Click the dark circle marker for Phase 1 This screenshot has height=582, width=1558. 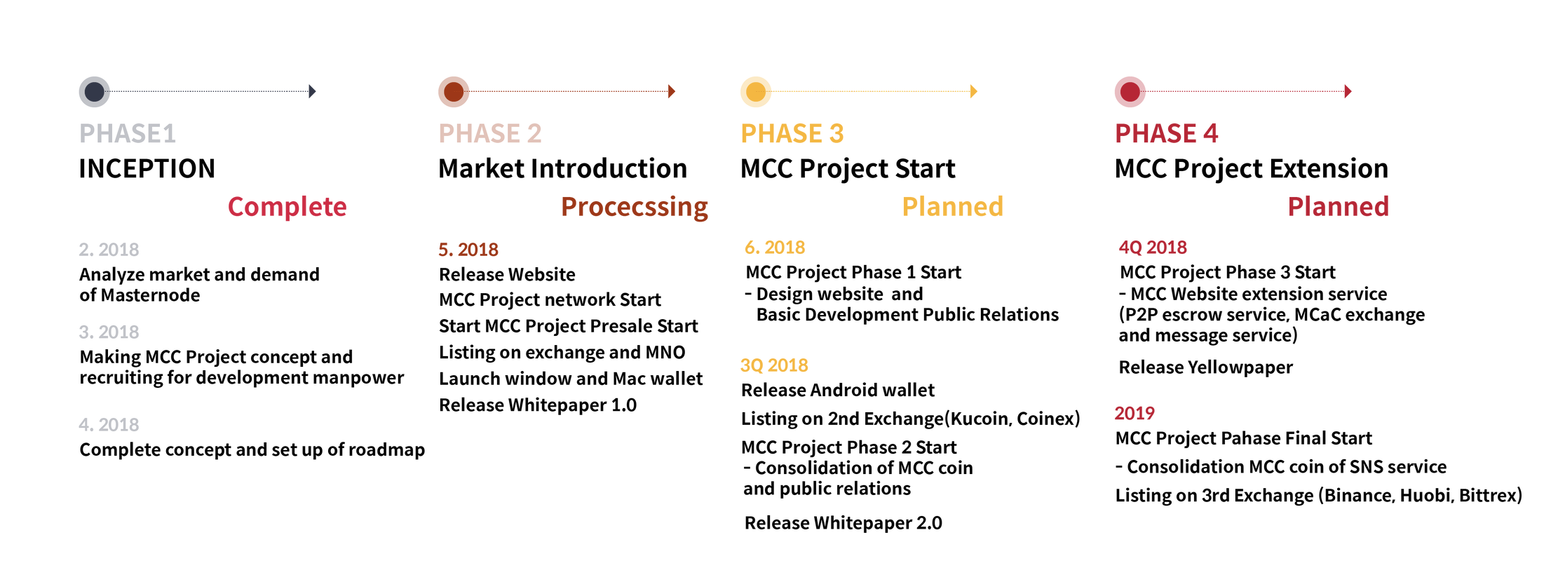pyautogui.click(x=95, y=91)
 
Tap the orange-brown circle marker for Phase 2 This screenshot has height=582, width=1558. pyautogui.click(x=454, y=91)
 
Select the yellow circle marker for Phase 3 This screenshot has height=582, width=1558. pyautogui.click(x=756, y=91)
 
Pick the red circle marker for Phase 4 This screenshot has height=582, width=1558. pyautogui.click(x=1130, y=91)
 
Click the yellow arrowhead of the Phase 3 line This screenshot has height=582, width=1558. pyautogui.click(x=973, y=91)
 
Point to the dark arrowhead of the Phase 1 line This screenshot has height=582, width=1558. pyautogui.click(x=312, y=91)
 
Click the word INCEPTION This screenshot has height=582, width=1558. pyautogui.click(x=147, y=168)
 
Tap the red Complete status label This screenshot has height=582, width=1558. pyautogui.click(x=287, y=207)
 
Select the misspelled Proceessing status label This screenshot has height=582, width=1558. pyautogui.click(x=635, y=207)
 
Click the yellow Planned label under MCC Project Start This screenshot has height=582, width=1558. pyautogui.click(x=952, y=207)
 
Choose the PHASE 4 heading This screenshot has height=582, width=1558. pyautogui.click(x=1167, y=133)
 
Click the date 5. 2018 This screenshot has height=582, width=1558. pyautogui.click(x=468, y=250)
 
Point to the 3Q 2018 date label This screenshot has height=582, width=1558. pyautogui.click(x=774, y=365)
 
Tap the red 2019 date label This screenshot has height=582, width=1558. pyautogui.click(x=1134, y=413)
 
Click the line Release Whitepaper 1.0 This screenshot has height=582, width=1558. pyautogui.click(x=538, y=405)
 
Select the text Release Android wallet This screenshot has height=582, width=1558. pyautogui.click(x=838, y=390)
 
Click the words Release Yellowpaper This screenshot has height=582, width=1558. pyautogui.click(x=1205, y=367)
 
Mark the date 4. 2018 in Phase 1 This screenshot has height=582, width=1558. pyautogui.click(x=109, y=425)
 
